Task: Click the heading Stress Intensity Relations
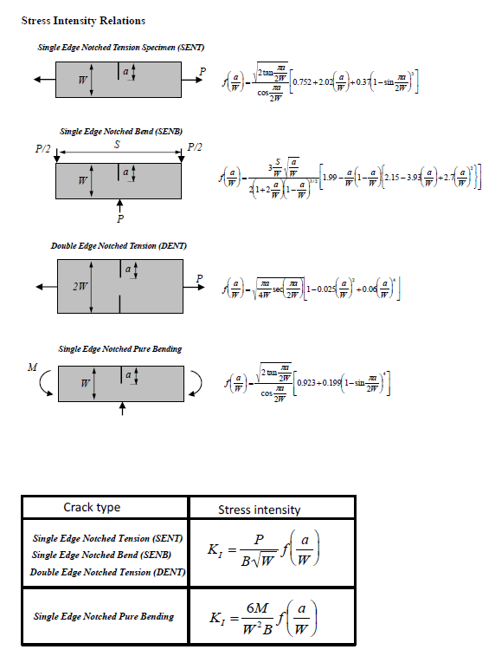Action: click(83, 20)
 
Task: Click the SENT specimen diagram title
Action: click(120, 47)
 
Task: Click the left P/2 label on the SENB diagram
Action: click(42, 148)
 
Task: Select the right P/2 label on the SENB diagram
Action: click(196, 148)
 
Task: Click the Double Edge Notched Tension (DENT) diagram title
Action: click(119, 246)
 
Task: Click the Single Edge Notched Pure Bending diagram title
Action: click(119, 348)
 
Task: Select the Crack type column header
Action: click(92, 507)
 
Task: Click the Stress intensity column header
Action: click(259, 510)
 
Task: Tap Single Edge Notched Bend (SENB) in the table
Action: click(101, 555)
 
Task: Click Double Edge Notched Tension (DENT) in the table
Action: click(107, 572)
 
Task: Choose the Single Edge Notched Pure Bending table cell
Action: click(103, 616)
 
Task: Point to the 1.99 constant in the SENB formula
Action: click(330, 178)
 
